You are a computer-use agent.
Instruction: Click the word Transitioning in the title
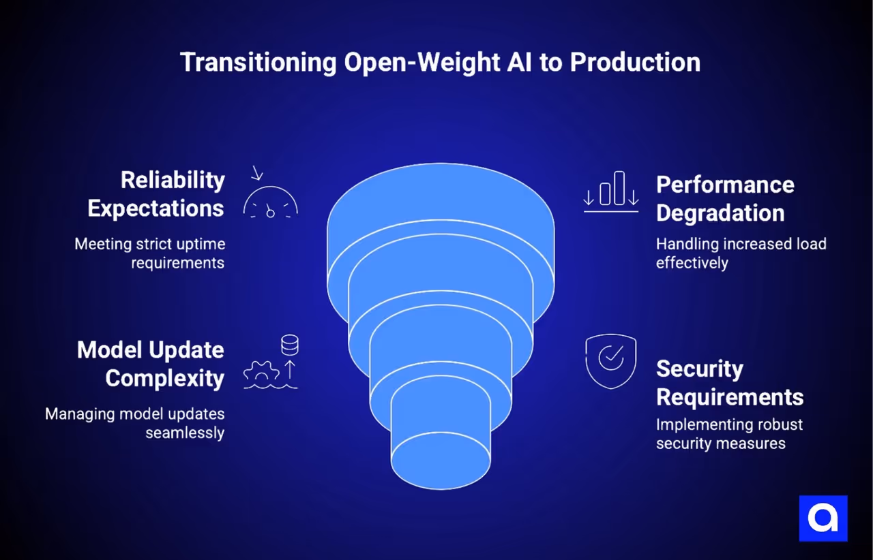[x=258, y=63]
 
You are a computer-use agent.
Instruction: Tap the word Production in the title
[x=635, y=63]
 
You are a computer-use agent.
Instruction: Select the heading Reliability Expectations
[x=156, y=194]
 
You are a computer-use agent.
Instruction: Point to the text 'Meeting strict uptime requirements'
[x=149, y=253]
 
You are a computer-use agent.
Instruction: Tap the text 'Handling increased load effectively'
[x=741, y=253]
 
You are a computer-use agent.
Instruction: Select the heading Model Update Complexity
[x=151, y=364]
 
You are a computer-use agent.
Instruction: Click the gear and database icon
[x=271, y=364]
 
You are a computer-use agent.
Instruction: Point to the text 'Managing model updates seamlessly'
[x=134, y=423]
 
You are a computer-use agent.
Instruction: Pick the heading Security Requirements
[x=729, y=382]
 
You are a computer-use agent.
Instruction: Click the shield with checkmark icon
[x=610, y=360]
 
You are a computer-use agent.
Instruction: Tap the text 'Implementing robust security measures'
[x=729, y=434]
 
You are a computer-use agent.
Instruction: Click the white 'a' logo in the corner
[x=823, y=518]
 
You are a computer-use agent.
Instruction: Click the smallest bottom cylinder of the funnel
[x=441, y=436]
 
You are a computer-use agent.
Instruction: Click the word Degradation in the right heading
[x=720, y=213]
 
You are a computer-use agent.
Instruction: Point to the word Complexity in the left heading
[x=164, y=378]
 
